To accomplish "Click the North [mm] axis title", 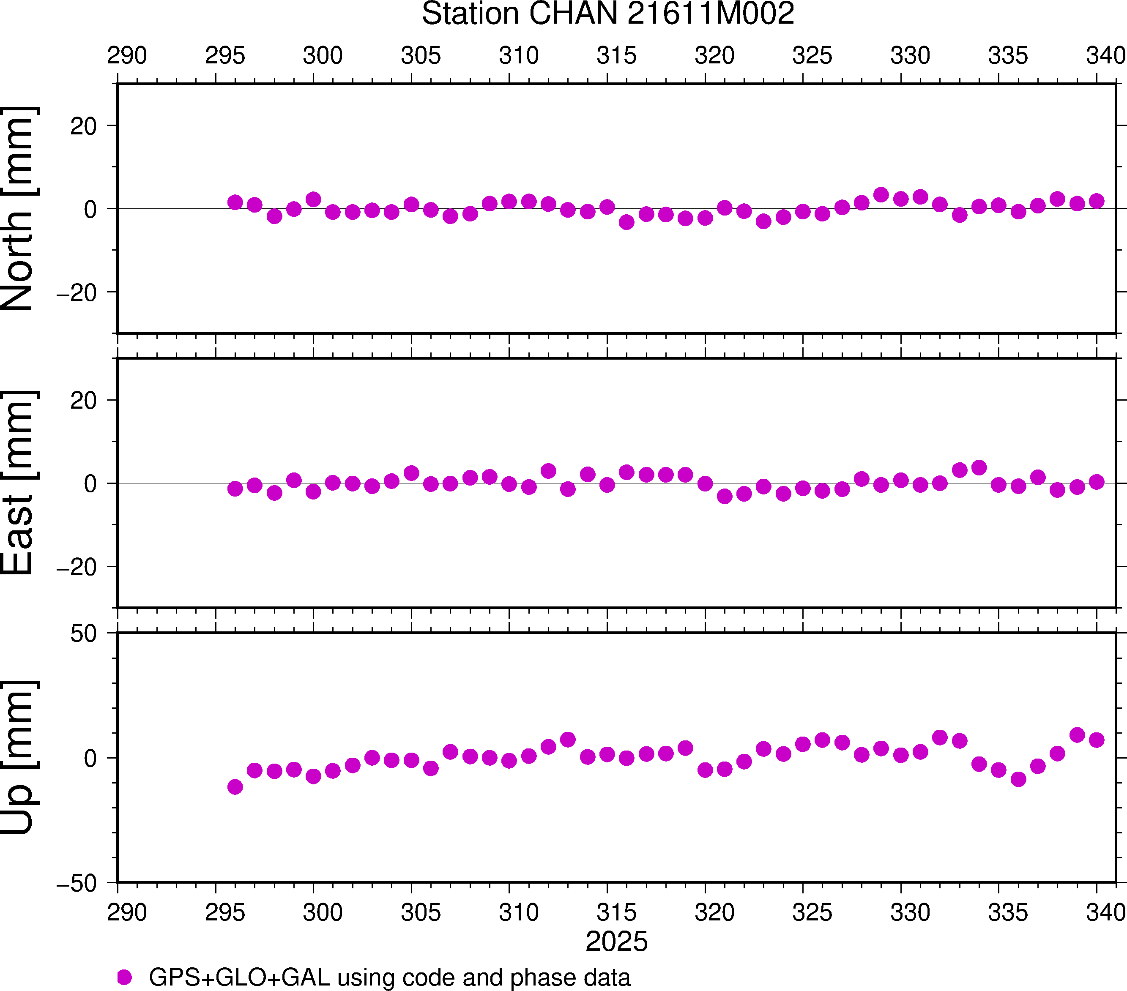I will [18, 208].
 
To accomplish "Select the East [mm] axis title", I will [18, 483].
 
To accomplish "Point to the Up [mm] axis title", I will [18, 758].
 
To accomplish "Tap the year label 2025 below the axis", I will [616, 942].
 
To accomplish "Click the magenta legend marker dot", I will [125, 977].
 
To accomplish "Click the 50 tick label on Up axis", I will [83, 634].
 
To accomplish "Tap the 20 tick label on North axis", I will [83, 126].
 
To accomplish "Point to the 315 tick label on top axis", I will [616, 56].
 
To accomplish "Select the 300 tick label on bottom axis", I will [323, 913].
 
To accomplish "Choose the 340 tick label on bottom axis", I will [1105, 913].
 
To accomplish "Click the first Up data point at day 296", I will [235, 786].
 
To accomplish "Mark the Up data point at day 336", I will [1018, 779].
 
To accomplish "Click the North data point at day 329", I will [881, 194].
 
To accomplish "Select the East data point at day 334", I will [979, 467].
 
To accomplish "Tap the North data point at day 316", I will [626, 222].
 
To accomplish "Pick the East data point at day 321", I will [725, 496].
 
